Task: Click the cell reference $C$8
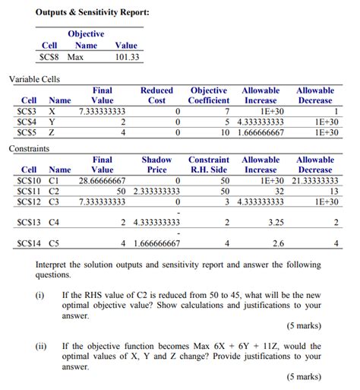pyautogui.click(x=49, y=57)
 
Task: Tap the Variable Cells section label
pyautogui.click(x=34, y=78)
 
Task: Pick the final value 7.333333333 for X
pyautogui.click(x=102, y=111)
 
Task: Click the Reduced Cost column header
pyautogui.click(x=156, y=95)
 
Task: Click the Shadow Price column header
pyautogui.click(x=156, y=165)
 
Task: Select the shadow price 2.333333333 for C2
pyautogui.click(x=156, y=192)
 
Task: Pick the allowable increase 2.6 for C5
pyautogui.click(x=277, y=243)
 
